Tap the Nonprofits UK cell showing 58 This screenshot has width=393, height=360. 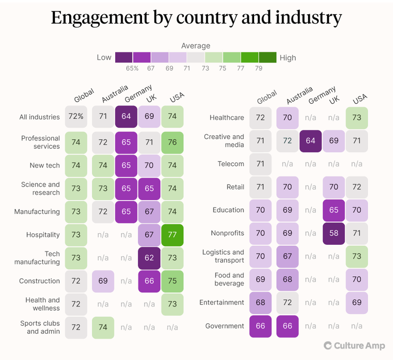coord(334,233)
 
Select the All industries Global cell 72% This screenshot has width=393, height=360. coord(77,117)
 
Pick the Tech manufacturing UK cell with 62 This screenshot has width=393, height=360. coord(149,258)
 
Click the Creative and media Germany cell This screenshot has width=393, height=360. coord(310,141)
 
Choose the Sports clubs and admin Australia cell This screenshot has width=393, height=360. coord(103,327)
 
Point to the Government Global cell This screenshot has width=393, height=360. coord(260,326)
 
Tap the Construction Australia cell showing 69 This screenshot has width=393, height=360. coord(103,281)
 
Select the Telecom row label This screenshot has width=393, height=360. coord(231,164)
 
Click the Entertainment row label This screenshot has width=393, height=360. coord(222,302)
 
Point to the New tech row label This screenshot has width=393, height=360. coord(45,166)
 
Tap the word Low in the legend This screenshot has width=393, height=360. coord(104,58)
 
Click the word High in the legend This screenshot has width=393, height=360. coord(288,58)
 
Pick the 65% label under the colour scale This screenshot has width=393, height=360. coord(132,69)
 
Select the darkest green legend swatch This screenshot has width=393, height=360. coord(268,57)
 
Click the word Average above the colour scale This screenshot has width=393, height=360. coord(196,46)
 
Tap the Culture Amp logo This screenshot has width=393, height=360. coord(354,345)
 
